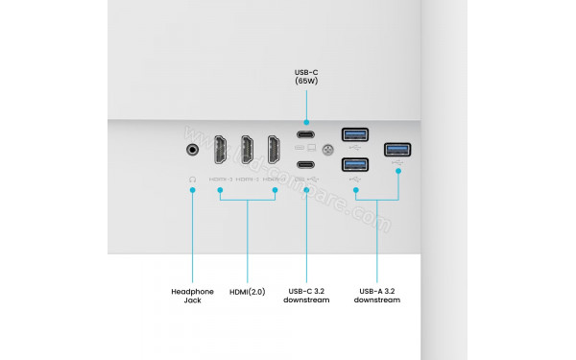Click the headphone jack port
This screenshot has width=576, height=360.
coord(193,149)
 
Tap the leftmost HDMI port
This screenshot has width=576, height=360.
coord(220,152)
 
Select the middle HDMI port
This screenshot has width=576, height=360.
coord(248,152)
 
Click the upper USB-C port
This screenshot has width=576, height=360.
coord(305,134)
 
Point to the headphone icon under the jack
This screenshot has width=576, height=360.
coord(193,179)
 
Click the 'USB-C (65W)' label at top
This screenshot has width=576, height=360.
coord(305,78)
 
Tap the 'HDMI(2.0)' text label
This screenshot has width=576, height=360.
coord(248,291)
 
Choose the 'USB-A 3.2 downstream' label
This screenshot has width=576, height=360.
coord(376,296)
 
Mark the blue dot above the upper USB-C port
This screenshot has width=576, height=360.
coord(305,122)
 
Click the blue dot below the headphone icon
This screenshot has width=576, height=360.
coord(193,190)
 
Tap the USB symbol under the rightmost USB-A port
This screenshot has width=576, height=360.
coord(397,163)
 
